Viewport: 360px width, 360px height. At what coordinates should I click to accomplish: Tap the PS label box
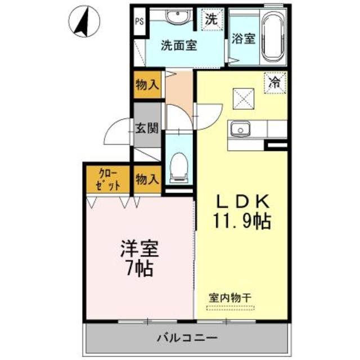click(x=139, y=22)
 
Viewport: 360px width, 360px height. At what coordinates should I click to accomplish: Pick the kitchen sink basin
click(x=240, y=130)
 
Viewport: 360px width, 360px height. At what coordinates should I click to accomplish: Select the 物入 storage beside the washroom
click(x=147, y=85)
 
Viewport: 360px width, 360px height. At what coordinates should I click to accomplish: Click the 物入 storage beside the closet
click(x=147, y=179)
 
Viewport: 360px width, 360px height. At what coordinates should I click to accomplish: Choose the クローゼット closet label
click(x=108, y=179)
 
